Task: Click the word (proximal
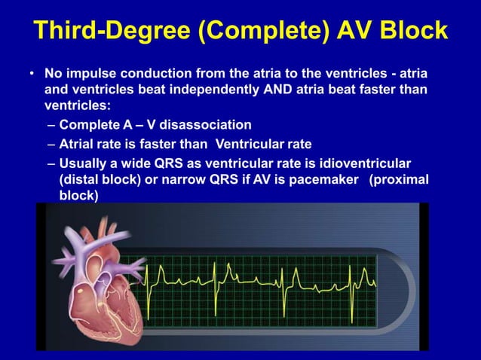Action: (x=399, y=179)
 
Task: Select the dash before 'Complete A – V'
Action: (x=50, y=124)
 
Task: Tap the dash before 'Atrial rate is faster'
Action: (x=50, y=144)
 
